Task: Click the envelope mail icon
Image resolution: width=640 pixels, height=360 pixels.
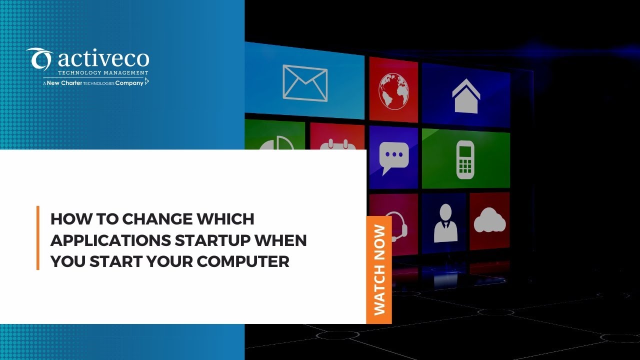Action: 305,82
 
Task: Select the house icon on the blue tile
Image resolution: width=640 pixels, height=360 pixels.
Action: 466,95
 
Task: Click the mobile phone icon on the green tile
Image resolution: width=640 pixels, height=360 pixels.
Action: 465,159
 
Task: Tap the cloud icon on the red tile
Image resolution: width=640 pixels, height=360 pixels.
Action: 489,220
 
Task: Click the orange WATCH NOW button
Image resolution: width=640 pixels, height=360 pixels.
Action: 379,270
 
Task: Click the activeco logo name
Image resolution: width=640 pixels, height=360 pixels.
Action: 103,60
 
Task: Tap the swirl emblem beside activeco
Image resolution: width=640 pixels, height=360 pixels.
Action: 39,59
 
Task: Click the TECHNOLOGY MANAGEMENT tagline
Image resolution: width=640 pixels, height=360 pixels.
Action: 103,73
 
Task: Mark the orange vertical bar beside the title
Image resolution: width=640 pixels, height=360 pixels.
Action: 38,237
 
